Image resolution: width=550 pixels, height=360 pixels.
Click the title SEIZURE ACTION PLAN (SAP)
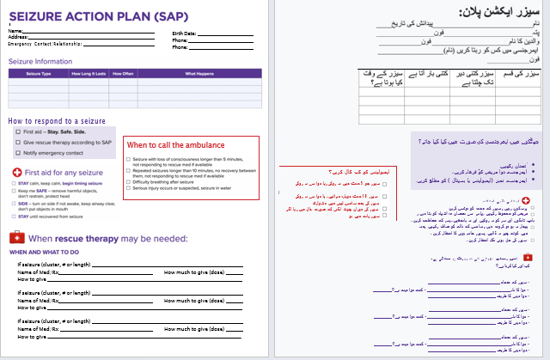click(76, 16)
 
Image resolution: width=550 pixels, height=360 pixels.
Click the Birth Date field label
click(182, 34)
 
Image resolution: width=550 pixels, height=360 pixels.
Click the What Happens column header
click(200, 74)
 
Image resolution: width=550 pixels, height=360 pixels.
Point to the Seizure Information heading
click(40, 61)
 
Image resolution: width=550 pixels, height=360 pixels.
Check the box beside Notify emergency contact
click(16, 153)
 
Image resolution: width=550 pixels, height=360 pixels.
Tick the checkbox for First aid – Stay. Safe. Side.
click(16, 131)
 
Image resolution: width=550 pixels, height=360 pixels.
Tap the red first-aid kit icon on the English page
click(15, 236)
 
